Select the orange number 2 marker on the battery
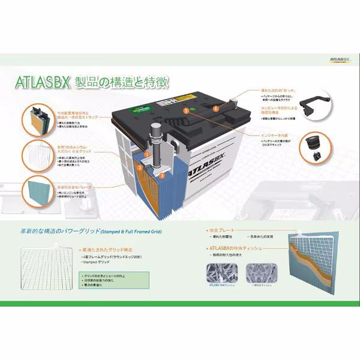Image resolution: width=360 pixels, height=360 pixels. (x=139, y=169)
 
